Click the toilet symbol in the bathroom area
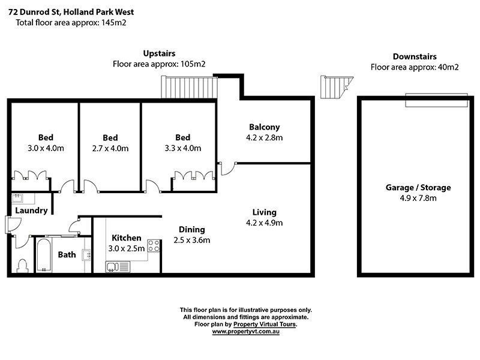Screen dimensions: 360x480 tap(23, 265)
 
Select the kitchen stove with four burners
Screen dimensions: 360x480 tap(154, 245)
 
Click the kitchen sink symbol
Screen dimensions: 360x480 tap(118, 266)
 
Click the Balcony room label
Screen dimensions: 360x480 tap(265, 127)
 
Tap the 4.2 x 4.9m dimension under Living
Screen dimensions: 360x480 tap(265, 223)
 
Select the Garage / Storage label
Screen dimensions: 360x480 tap(418, 188)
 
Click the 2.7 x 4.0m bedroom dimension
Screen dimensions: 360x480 tap(110, 148)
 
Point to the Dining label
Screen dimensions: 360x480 tap(192, 229)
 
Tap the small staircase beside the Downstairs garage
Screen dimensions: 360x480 tap(335, 87)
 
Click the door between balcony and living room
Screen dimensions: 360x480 tap(226, 169)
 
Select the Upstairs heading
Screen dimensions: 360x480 tap(159, 53)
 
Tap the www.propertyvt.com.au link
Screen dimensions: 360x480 tap(246, 331)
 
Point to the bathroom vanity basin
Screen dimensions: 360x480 tap(86, 254)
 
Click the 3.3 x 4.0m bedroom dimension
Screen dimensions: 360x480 tap(183, 148)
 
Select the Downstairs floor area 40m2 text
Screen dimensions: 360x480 tap(415, 67)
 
